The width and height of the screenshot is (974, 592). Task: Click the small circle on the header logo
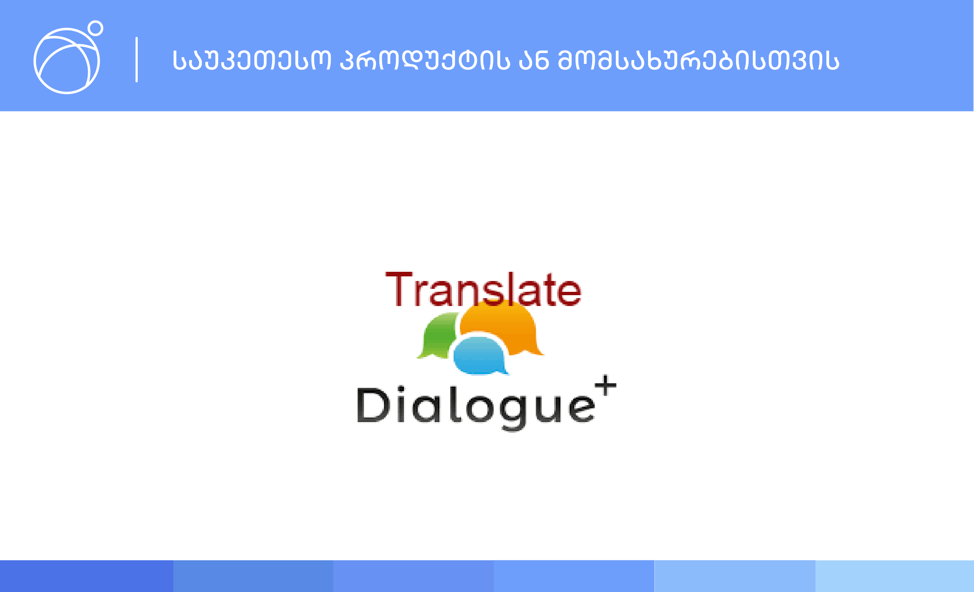pyautogui.click(x=96, y=28)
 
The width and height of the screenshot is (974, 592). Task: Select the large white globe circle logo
pyautogui.click(x=67, y=61)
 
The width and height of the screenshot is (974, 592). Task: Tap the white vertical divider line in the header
pyautogui.click(x=136, y=60)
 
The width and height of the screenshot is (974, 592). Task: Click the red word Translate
pyautogui.click(x=483, y=289)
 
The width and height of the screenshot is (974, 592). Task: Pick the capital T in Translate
pyautogui.click(x=399, y=289)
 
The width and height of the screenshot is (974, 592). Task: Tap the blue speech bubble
pyautogui.click(x=480, y=356)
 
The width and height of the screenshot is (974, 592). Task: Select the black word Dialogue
pyautogui.click(x=476, y=407)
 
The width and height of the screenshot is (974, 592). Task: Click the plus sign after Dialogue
pyautogui.click(x=606, y=385)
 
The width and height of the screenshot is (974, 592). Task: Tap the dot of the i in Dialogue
pyautogui.click(x=401, y=390)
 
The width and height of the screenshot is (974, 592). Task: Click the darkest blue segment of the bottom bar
pyautogui.click(x=87, y=576)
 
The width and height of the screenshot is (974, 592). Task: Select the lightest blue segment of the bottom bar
pyautogui.click(x=895, y=576)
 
